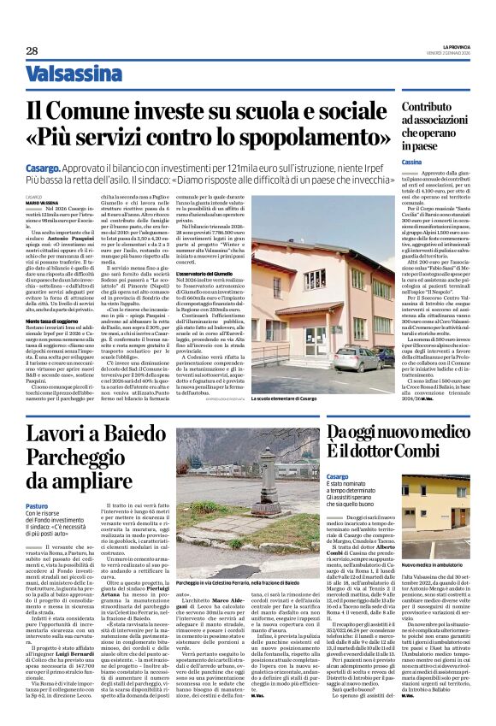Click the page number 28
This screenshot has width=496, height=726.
[32, 50]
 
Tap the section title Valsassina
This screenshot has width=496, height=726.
[71, 74]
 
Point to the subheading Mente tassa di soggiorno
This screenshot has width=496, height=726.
[56, 320]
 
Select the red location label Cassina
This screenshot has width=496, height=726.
[413, 162]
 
